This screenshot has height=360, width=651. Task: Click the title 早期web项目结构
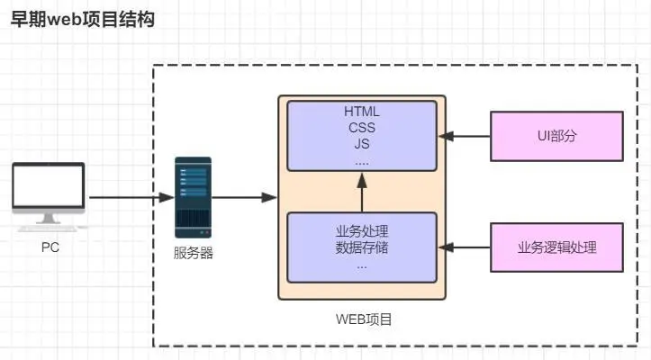tap(82, 20)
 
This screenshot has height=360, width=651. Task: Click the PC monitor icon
tap(49, 192)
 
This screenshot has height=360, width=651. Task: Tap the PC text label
tap(50, 247)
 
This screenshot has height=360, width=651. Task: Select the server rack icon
tap(193, 196)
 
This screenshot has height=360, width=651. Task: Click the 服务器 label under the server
tap(193, 253)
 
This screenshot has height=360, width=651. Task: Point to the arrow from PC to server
tap(131, 196)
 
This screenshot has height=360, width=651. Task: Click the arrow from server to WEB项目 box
tap(244, 196)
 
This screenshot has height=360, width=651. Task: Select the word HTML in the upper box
tap(362, 112)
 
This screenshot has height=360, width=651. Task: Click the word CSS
tap(362, 127)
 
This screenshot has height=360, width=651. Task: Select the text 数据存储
tap(362, 247)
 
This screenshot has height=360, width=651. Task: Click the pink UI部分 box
tap(556, 136)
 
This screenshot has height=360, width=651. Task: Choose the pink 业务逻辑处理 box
tap(556, 247)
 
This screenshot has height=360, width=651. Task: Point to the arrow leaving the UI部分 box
tap(464, 136)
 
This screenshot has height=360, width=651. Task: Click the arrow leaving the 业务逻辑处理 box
tap(464, 247)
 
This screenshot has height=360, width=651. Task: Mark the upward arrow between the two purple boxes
tap(362, 191)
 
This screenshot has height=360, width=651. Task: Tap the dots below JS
tap(362, 160)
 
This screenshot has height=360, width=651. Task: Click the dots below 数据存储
tap(362, 265)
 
